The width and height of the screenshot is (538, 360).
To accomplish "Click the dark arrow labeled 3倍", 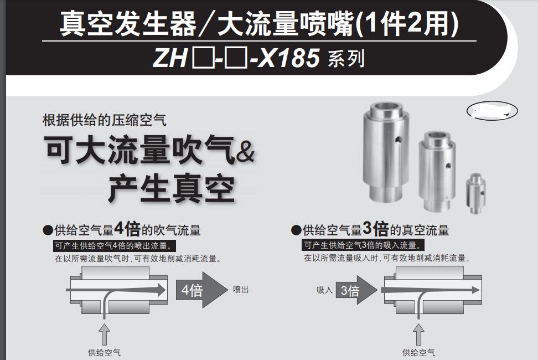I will (355, 290).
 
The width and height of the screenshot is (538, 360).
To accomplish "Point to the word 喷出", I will (241, 289).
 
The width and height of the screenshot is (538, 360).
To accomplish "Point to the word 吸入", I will (324, 290).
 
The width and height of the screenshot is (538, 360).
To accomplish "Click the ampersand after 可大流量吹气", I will (245, 152).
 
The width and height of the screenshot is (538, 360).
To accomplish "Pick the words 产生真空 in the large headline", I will (172, 188).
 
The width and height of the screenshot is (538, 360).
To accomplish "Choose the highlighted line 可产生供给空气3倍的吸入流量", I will (363, 245).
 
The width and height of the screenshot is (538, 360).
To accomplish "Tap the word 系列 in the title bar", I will (346, 59).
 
